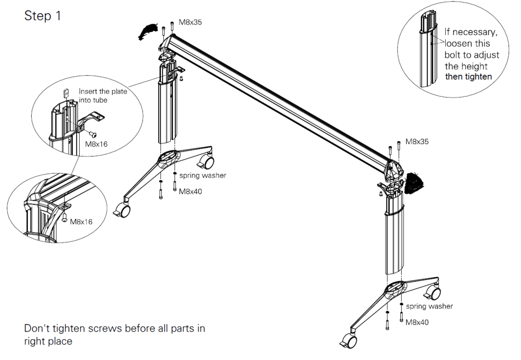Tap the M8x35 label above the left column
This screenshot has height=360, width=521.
190,22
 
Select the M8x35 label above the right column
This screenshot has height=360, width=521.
417,141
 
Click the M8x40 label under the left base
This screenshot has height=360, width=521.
190,191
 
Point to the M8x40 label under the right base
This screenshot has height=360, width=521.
417,323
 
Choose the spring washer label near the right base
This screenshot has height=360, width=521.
430,306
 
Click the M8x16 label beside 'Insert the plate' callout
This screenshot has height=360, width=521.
96,144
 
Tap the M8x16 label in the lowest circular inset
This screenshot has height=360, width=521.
81,221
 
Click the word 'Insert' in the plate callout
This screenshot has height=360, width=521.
87,91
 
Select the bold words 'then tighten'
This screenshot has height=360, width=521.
468,76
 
